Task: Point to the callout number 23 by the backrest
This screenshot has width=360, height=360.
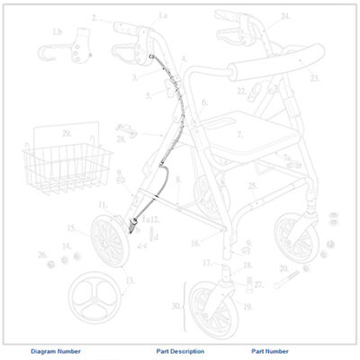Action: (314, 78)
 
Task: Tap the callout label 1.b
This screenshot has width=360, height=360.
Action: (58, 32)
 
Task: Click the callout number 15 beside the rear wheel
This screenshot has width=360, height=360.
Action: (71, 229)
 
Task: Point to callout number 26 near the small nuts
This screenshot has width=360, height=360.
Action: (41, 255)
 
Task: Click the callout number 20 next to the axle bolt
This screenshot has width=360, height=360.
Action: (282, 268)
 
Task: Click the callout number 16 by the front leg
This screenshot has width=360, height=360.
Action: (194, 244)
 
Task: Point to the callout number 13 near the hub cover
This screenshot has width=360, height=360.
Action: (129, 280)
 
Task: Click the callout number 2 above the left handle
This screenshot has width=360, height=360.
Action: (94, 17)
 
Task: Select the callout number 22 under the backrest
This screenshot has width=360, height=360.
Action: (241, 91)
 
